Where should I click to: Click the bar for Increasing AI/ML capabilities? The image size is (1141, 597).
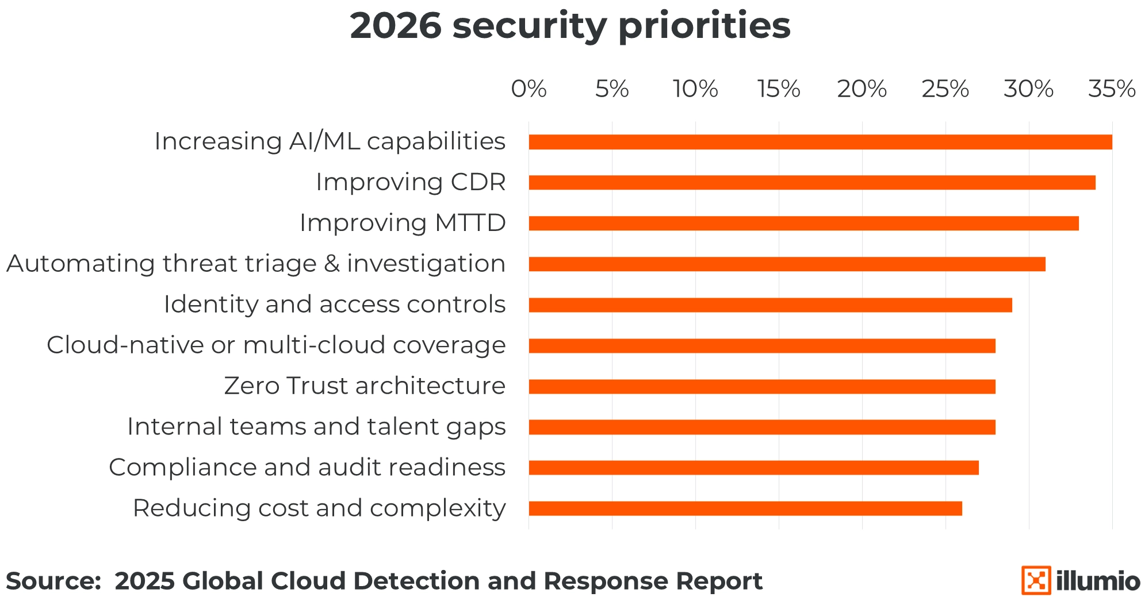[820, 142]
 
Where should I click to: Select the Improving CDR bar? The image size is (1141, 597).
[812, 183]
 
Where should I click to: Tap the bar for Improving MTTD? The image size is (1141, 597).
[803, 224]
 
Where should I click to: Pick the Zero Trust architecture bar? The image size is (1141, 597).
[762, 387]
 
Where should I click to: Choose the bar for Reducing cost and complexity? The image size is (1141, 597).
[745, 509]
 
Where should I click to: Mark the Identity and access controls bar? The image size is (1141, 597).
[770, 305]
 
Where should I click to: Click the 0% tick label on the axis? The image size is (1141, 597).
[529, 89]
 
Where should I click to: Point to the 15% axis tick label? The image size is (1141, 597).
[779, 89]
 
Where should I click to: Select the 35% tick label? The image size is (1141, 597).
[1112, 89]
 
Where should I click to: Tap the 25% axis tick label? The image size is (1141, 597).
[945, 89]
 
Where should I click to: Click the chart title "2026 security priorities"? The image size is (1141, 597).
[570, 26]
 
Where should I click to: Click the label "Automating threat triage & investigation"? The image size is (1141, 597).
[256, 264]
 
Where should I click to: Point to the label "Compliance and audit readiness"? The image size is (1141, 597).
[307, 467]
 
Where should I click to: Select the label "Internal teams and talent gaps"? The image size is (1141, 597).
[316, 426]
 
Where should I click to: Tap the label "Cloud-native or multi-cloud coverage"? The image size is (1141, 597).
[276, 345]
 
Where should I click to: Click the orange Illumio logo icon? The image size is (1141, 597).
[1036, 580]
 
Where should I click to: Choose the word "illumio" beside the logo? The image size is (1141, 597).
[1098, 581]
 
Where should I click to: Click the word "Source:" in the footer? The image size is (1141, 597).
[53, 581]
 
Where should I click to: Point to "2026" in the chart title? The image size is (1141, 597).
[396, 26]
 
